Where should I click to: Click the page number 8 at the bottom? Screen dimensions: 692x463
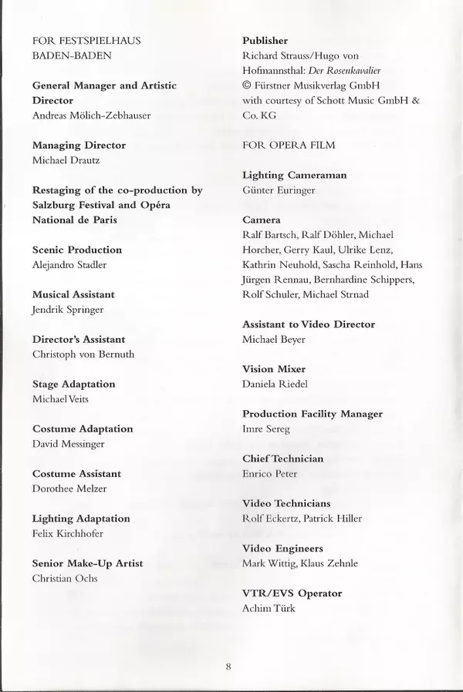click(229, 667)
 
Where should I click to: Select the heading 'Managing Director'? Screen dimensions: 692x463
click(79, 145)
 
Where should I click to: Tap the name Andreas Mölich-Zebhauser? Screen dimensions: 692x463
click(91, 116)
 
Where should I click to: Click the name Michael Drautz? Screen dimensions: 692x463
click(66, 160)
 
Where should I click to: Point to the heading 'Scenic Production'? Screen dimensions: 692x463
click(77, 250)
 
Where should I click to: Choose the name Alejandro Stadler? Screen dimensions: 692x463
click(69, 264)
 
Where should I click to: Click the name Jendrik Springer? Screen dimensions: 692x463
click(68, 310)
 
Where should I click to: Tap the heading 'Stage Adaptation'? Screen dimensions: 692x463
click(74, 384)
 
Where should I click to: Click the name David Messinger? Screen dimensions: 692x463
click(69, 444)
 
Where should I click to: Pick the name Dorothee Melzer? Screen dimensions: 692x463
click(69, 489)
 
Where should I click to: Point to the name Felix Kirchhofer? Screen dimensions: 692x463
click(68, 533)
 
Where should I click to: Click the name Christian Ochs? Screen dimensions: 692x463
click(65, 578)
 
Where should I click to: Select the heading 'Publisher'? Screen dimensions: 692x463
click(265, 40)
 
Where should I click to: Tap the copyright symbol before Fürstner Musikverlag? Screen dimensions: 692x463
click(247, 85)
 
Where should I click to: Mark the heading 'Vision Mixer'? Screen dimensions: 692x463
click(274, 369)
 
